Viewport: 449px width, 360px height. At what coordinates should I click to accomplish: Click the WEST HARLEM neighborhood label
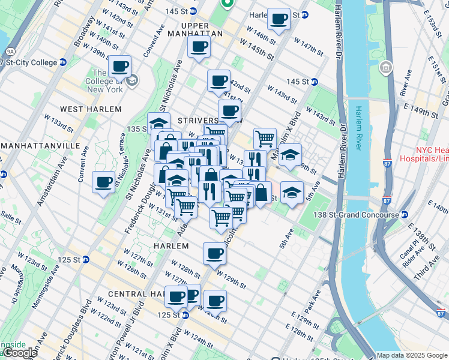[91, 109]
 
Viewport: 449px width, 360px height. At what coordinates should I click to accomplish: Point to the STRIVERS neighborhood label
[197, 121]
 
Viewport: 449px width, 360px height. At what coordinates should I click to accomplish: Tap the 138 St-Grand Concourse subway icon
[405, 215]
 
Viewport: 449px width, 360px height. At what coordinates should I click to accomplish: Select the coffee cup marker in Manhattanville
[103, 182]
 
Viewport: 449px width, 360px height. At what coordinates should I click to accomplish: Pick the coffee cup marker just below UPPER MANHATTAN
[199, 47]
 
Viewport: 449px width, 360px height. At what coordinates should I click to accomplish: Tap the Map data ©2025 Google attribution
[412, 355]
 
